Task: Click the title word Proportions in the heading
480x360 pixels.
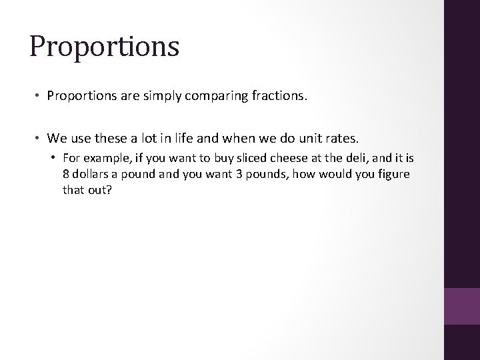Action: [x=104, y=47]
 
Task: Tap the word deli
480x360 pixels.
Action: [x=361, y=159]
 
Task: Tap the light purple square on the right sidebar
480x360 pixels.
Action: [x=462, y=306]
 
